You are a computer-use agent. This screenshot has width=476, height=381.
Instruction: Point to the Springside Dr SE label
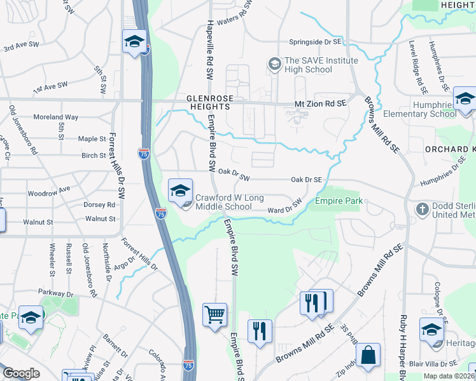tap(315, 42)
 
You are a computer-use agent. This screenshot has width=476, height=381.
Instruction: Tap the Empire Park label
tap(339, 202)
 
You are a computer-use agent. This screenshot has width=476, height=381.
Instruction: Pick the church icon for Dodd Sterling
tap(422, 209)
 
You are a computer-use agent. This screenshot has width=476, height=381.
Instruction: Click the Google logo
tap(21, 373)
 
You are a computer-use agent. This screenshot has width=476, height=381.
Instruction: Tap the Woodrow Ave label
tap(48, 190)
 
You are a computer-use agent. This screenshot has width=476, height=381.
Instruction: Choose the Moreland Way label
tap(56, 117)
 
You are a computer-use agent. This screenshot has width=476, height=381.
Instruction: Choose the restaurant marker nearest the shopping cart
tap(260, 332)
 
